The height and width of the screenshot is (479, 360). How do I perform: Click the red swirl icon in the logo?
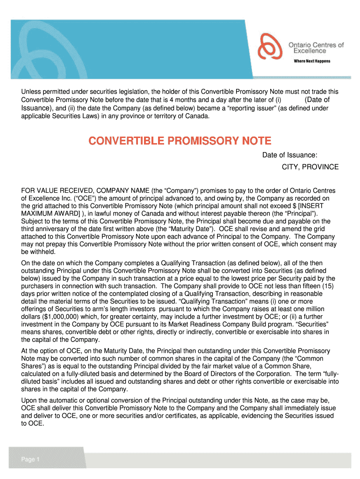pos(272,48)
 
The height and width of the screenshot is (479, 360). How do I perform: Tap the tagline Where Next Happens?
pos(311,61)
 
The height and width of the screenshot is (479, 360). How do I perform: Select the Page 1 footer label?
pos(30,459)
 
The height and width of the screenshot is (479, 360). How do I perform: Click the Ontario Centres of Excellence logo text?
pos(316,48)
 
